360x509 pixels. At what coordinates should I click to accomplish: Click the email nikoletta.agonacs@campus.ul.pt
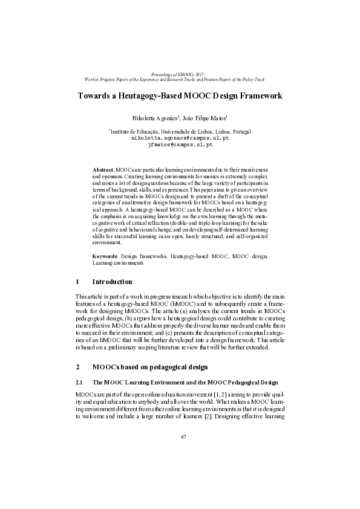(180, 138)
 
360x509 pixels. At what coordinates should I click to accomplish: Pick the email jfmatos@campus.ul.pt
(180, 145)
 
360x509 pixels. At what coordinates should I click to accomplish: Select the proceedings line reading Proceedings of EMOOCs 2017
(180, 73)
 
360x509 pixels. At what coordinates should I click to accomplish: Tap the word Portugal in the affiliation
(240, 131)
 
